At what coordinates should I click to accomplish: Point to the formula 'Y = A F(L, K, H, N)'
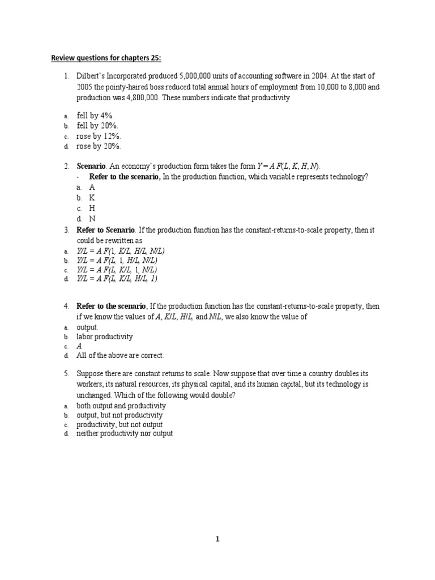pyautogui.click(x=288, y=166)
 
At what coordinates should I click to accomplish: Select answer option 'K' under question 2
pyautogui.click(x=92, y=197)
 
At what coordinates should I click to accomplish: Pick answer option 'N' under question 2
pyautogui.click(x=92, y=218)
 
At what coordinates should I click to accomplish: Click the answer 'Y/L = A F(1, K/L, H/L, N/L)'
pyautogui.click(x=121, y=250)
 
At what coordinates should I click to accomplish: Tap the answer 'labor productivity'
pyautogui.click(x=105, y=337)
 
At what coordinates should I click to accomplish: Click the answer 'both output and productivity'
pyautogui.click(x=121, y=406)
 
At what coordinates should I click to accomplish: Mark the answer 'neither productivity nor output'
pyautogui.click(x=125, y=434)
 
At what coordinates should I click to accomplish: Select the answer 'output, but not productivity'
pyautogui.click(x=120, y=415)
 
